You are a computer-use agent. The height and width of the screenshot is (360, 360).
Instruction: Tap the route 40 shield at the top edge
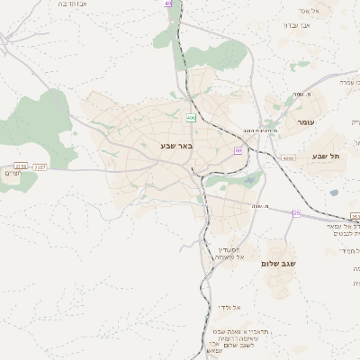tap(167, 4)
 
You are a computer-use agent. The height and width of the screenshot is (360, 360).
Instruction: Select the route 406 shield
tap(191, 118)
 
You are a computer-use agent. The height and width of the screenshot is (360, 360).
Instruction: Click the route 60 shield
tap(238, 150)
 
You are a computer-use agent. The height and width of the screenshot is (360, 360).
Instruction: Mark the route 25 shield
tap(297, 213)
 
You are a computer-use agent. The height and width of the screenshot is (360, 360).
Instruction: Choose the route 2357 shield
tap(39, 166)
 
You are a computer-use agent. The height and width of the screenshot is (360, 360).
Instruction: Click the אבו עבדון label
tap(297, 25)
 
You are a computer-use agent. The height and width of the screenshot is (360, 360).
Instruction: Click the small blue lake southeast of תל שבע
tap(335, 192)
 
